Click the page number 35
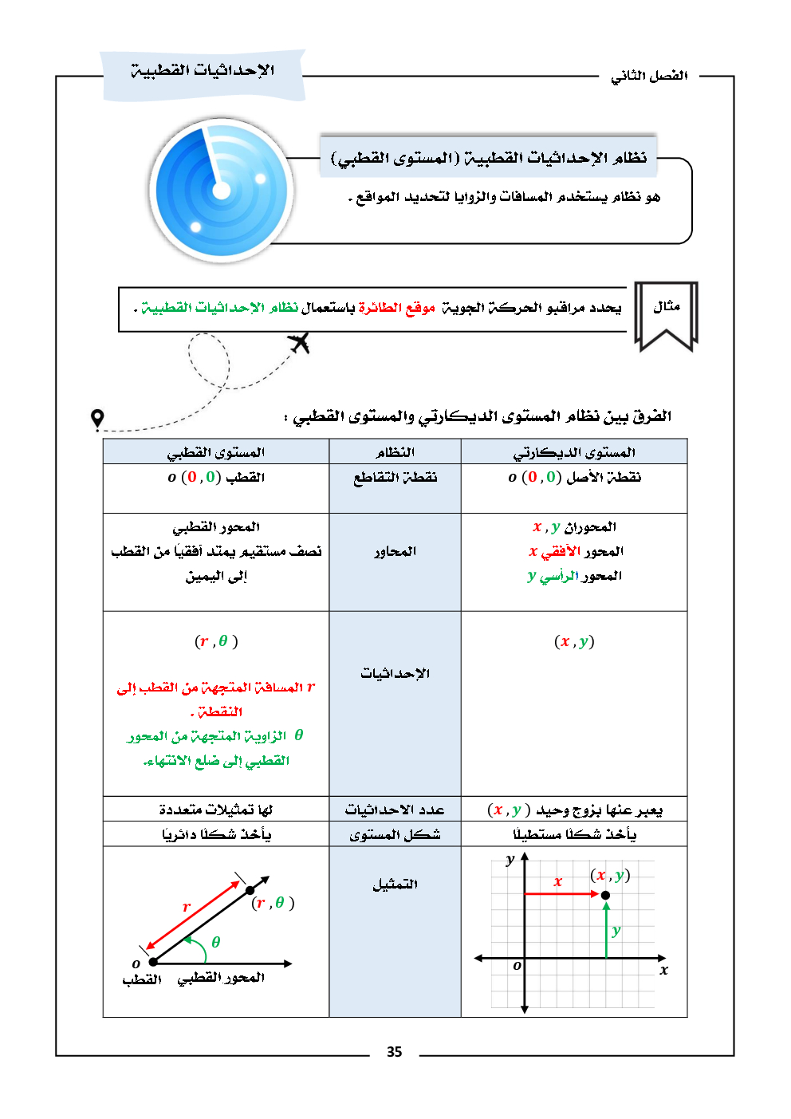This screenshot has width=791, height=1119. pyautogui.click(x=394, y=1052)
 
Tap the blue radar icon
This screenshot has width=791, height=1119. pyautogui.click(x=221, y=190)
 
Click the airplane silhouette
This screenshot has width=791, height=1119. pyautogui.click(x=299, y=343)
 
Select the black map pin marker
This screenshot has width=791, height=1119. pyautogui.click(x=97, y=419)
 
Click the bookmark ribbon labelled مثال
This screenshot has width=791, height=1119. pyautogui.click(x=666, y=314)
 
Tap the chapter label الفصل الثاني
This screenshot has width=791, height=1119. pyautogui.click(x=649, y=76)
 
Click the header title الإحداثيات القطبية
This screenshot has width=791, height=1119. pyautogui.click(x=203, y=71)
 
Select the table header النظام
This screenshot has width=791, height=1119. pyautogui.click(x=395, y=452)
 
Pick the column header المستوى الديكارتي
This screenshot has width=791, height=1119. pyautogui.click(x=573, y=452)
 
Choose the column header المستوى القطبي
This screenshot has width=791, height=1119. pyautogui.click(x=215, y=452)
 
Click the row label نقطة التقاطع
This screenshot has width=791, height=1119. pyautogui.click(x=395, y=477)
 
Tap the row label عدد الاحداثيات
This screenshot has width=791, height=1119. pyautogui.click(x=395, y=810)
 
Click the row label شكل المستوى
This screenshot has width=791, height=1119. pyautogui.click(x=395, y=834)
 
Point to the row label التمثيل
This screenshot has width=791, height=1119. pyautogui.click(x=395, y=885)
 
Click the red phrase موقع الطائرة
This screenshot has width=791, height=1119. pyautogui.click(x=396, y=307)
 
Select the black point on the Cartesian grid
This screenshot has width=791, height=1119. pyautogui.click(x=605, y=895)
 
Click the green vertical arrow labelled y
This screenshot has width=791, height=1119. pyautogui.click(x=607, y=929)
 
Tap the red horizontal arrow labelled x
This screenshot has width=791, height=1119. pyautogui.click(x=561, y=894)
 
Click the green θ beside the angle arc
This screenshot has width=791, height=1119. pyautogui.click(x=215, y=942)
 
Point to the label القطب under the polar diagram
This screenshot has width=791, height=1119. pyautogui.click(x=142, y=979)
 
